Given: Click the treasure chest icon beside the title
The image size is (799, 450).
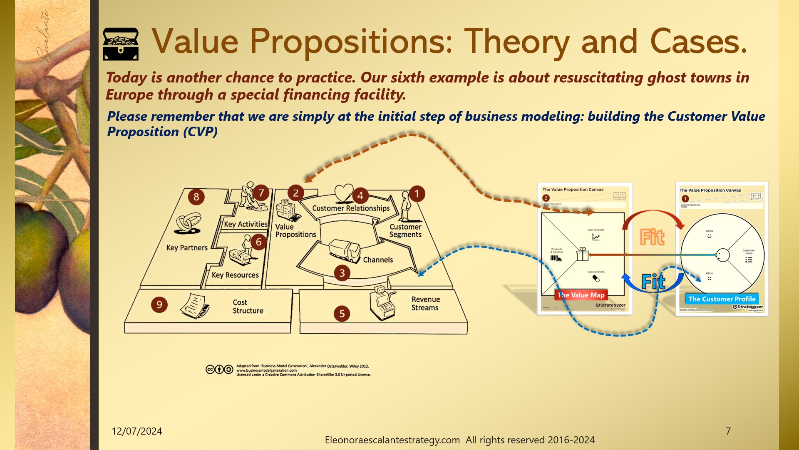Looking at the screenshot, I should [x=121, y=44].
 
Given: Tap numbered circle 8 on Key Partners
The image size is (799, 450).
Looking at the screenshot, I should [x=196, y=197].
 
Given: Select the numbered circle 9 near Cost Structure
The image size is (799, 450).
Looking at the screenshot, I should [x=159, y=305].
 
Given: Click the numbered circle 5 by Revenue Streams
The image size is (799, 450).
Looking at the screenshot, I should [x=342, y=313].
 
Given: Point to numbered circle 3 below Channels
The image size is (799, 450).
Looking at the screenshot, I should [x=342, y=273].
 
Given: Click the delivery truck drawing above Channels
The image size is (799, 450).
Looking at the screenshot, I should [x=345, y=251].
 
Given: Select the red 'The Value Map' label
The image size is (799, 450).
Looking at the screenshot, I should [x=581, y=295].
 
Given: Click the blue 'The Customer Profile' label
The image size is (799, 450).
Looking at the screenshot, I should [x=722, y=299].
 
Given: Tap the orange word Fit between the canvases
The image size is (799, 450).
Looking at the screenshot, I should [x=652, y=237].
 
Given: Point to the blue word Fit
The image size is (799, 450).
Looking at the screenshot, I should [x=653, y=282].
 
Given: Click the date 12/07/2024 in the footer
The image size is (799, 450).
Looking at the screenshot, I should [x=136, y=431].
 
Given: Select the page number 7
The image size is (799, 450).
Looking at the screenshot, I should [x=728, y=431].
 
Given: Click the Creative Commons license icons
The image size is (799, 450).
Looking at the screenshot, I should [x=219, y=370].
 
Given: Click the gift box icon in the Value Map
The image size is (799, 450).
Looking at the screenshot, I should [x=583, y=254].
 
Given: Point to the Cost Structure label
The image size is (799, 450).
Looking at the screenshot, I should [x=248, y=306].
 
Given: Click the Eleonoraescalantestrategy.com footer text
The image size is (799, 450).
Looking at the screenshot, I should [x=392, y=440].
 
